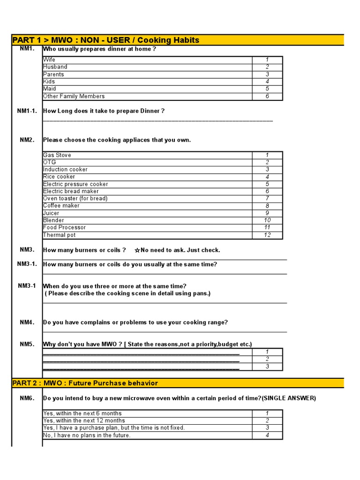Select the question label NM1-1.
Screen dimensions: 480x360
(x=27, y=111)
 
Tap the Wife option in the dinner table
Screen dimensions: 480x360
(x=49, y=60)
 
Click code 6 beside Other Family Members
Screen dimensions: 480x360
(x=267, y=97)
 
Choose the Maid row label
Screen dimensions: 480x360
(x=50, y=89)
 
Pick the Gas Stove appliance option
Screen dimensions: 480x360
(x=57, y=155)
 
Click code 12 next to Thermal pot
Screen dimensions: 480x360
(x=267, y=235)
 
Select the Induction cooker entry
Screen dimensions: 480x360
(x=65, y=170)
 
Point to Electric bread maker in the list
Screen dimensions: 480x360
(x=71, y=191)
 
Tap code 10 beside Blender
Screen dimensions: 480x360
(x=267, y=220)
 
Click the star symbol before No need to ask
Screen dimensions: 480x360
(x=137, y=250)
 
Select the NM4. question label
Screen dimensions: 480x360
(x=27, y=322)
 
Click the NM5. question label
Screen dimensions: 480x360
(x=27, y=345)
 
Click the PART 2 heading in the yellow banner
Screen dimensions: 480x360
(x=85, y=383)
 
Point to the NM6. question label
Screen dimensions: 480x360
(x=27, y=398)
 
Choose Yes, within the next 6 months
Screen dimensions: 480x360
(x=82, y=413)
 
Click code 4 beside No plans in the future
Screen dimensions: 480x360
(x=267, y=435)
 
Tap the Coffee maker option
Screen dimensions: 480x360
(x=61, y=206)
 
